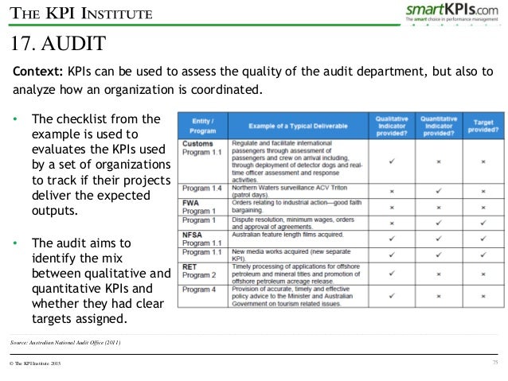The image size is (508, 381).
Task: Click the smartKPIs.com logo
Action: [453, 11]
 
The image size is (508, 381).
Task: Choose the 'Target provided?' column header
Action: [483, 126]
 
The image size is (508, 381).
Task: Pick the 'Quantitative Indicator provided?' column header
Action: [438, 126]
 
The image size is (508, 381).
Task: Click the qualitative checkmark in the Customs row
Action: [393, 160]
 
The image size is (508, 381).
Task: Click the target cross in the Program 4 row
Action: [483, 296]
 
